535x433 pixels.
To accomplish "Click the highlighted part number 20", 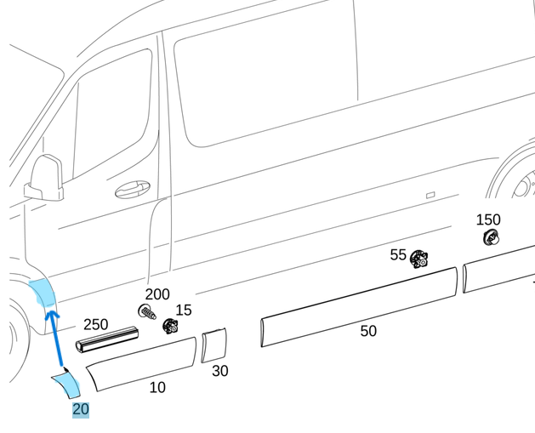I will click(80, 409).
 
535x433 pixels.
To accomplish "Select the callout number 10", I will click(157, 388).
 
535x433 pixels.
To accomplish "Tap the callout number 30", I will click(219, 371).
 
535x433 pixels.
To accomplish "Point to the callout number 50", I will click(367, 331).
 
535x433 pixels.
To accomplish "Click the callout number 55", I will click(398, 254).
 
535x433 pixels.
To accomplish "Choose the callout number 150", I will click(487, 219).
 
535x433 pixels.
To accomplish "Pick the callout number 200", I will click(157, 294).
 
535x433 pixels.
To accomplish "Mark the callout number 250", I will click(95, 324).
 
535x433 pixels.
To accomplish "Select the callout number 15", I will click(183, 310).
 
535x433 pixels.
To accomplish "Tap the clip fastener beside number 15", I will click(170, 326).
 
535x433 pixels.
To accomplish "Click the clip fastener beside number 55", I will click(418, 259).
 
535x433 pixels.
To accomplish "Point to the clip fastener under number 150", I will click(490, 237).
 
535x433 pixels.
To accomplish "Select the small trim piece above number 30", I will click(214, 345).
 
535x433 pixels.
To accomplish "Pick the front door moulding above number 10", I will click(141, 364).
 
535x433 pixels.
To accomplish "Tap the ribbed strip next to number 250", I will click(107, 338).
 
